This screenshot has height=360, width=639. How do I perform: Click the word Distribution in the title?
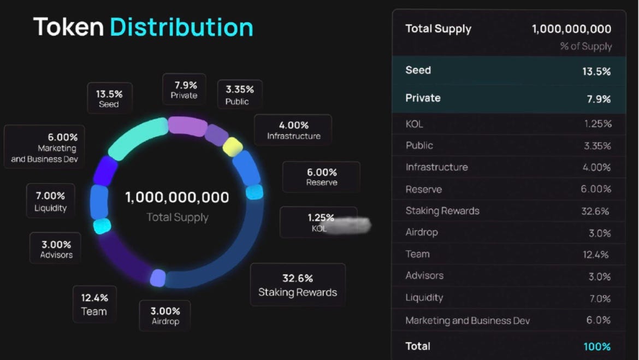pyautogui.click(x=181, y=27)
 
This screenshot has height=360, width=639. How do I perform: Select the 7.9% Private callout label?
pyautogui.click(x=185, y=90)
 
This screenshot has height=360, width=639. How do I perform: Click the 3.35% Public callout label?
pyautogui.click(x=239, y=95)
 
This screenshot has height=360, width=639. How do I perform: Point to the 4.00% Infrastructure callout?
pyautogui.click(x=293, y=130)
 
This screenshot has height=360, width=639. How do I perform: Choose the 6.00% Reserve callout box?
pyautogui.click(x=321, y=177)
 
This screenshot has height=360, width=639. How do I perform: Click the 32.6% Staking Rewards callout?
pyautogui.click(x=298, y=285)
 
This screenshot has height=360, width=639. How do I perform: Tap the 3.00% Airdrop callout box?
pyautogui.click(x=165, y=316)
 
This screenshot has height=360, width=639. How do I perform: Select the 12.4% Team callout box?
pyautogui.click(x=94, y=304)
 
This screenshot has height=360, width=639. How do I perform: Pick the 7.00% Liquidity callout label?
pyautogui.click(x=50, y=201)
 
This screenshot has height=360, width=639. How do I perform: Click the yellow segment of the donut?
pyautogui.click(x=233, y=146)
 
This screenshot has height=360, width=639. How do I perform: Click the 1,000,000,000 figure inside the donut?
pyautogui.click(x=177, y=197)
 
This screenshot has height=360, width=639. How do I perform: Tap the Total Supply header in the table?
pyautogui.click(x=438, y=29)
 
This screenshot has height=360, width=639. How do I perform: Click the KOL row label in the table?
pyautogui.click(x=414, y=125)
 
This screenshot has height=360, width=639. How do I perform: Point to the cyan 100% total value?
pyautogui.click(x=596, y=346)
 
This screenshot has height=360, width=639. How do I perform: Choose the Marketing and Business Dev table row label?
pyautogui.click(x=468, y=321)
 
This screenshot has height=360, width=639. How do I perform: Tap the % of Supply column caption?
pyautogui.click(x=585, y=46)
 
